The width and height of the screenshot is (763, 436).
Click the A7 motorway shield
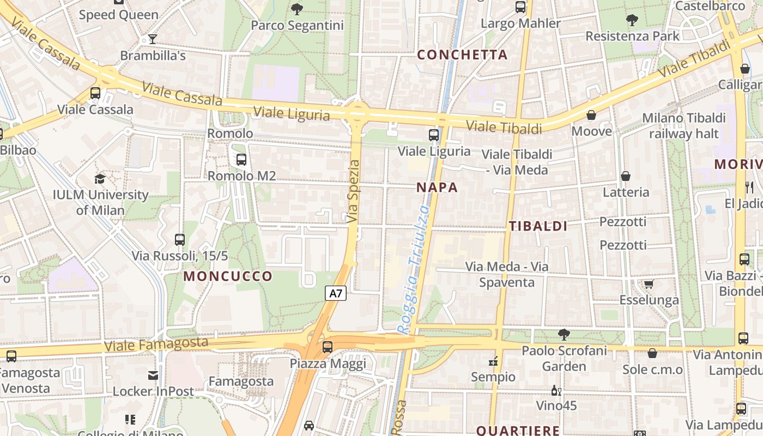point(336,293)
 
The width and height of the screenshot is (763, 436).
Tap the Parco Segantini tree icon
point(297,9)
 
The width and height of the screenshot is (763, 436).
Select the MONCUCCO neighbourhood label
point(228,276)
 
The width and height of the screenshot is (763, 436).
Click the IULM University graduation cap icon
point(100,179)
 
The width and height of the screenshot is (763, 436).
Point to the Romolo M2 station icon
point(241,160)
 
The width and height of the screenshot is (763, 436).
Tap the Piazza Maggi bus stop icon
point(328,347)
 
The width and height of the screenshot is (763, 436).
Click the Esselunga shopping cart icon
point(649,284)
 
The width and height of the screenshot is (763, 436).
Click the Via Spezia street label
point(354,191)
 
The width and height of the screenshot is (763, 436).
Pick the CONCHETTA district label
point(462,55)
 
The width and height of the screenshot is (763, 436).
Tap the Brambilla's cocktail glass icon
point(153,39)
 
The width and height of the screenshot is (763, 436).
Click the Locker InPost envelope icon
point(153,376)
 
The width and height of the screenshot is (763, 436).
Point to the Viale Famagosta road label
point(156,344)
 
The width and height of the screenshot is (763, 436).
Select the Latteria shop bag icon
point(626,176)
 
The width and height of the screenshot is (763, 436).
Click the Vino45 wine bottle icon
point(556,390)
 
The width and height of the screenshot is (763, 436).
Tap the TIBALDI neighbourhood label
point(538,226)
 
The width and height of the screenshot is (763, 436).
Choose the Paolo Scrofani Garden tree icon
point(564,334)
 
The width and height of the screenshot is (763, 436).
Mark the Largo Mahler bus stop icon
point(520,7)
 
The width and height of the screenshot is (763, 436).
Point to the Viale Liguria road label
point(292,113)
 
